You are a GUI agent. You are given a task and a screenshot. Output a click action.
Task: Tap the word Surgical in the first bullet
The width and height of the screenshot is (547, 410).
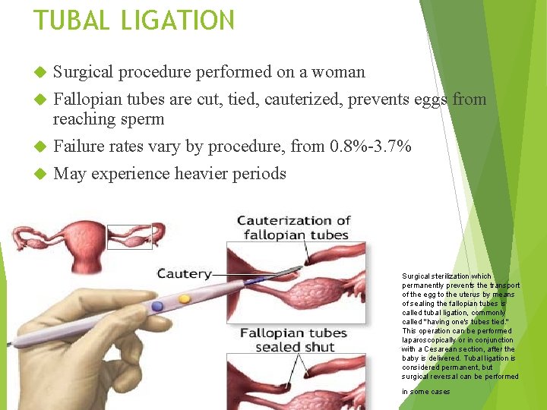pos(84,72)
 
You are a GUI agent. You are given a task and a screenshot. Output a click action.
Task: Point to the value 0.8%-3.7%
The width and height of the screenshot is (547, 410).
pos(370,146)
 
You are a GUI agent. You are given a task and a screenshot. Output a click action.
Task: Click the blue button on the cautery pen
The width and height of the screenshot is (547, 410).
pos(157,306)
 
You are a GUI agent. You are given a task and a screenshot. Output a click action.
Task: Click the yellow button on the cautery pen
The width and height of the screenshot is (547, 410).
pos(184,299)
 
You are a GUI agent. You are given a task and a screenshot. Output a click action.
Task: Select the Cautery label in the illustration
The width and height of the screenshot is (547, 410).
pos(183,273)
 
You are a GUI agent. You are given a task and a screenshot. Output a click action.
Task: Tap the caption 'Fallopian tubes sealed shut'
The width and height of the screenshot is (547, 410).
pos(293,340)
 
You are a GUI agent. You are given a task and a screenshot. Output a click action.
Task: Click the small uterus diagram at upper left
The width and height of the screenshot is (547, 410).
pos(77,235)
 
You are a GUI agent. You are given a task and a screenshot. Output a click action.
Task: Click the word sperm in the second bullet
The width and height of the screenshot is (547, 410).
pos(142,119)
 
